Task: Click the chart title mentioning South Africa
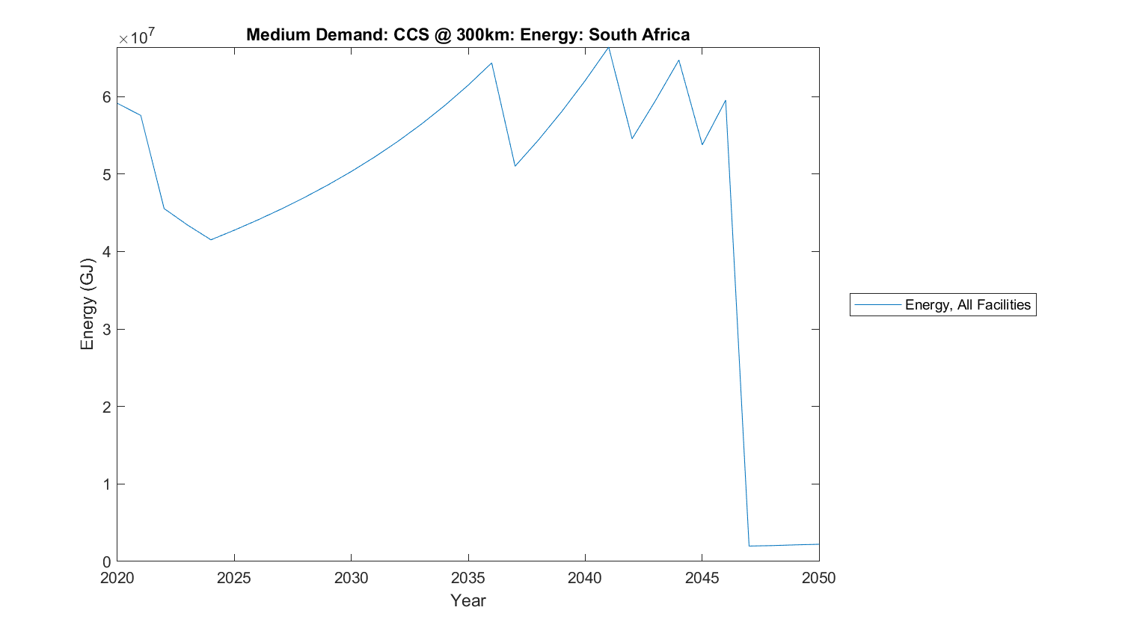pyautogui.click(x=467, y=35)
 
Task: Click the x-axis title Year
pyautogui.click(x=468, y=600)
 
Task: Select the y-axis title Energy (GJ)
pyautogui.click(x=88, y=304)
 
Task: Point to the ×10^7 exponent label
pyautogui.click(x=138, y=37)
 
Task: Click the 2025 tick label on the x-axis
pyautogui.click(x=234, y=578)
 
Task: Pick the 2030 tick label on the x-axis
pyautogui.click(x=351, y=578)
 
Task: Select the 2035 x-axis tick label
pyautogui.click(x=468, y=578)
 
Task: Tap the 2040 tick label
pyautogui.click(x=585, y=578)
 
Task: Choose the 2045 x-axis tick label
pyautogui.click(x=702, y=578)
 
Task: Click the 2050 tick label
pyautogui.click(x=819, y=578)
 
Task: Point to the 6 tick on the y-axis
pyautogui.click(x=107, y=97)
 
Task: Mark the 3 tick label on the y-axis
pyautogui.click(x=107, y=330)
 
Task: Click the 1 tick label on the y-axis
pyautogui.click(x=107, y=484)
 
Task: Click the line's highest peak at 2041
pyautogui.click(x=608, y=48)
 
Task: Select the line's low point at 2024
pyautogui.click(x=211, y=239)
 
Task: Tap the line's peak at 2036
pyautogui.click(x=491, y=63)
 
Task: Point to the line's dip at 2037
pyautogui.click(x=515, y=166)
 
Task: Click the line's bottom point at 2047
pyautogui.click(x=749, y=546)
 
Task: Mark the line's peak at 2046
pyautogui.click(x=726, y=100)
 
